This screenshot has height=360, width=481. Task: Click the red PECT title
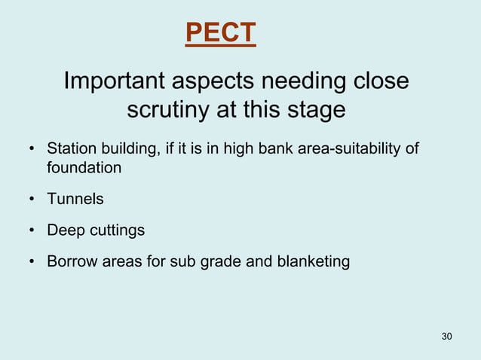point(220,33)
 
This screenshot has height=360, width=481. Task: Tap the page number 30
point(446,335)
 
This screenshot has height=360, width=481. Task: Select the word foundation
point(84,167)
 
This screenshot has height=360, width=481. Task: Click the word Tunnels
point(75,199)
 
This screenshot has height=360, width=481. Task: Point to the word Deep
point(63,230)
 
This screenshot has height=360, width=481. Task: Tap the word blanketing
point(313,262)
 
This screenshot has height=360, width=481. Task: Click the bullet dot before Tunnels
point(32,200)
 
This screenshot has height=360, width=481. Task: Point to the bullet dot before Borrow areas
point(32,263)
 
